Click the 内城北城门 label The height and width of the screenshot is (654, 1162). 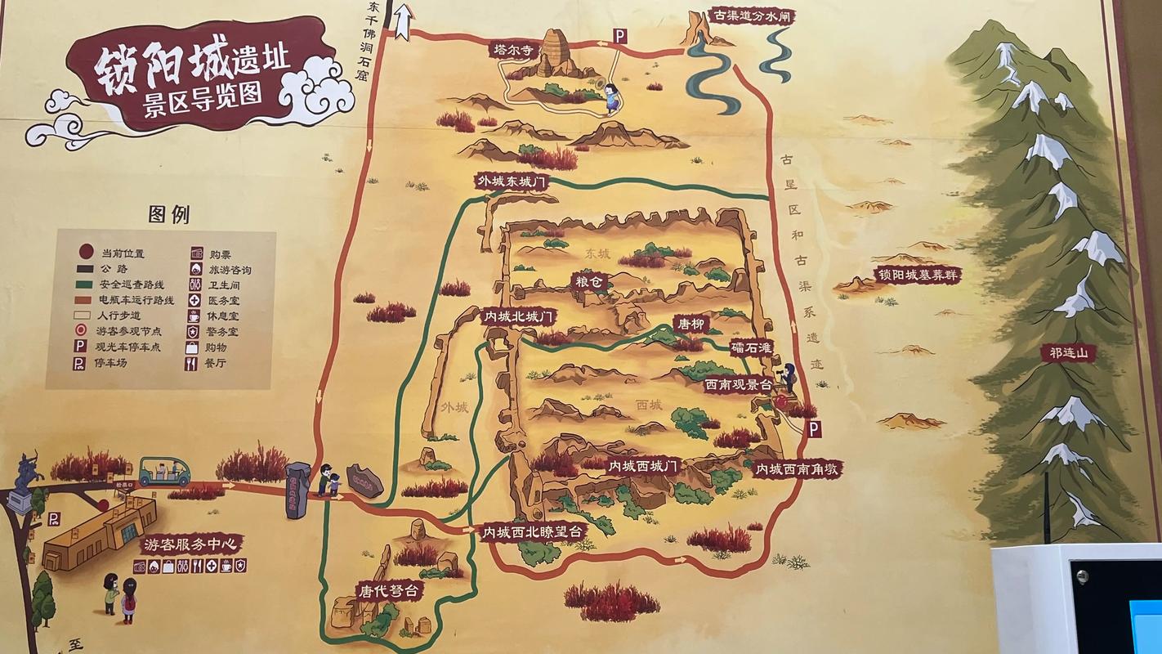520,316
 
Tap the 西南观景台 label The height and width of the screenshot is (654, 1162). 739,383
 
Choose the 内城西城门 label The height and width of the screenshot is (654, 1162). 642,466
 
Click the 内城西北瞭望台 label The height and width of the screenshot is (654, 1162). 534,532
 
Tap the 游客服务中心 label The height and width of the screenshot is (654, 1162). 192,544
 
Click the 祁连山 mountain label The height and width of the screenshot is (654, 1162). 1067,353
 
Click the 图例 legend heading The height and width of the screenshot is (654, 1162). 168,215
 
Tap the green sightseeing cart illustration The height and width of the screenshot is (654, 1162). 163,471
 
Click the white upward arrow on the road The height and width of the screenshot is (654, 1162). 402,23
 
